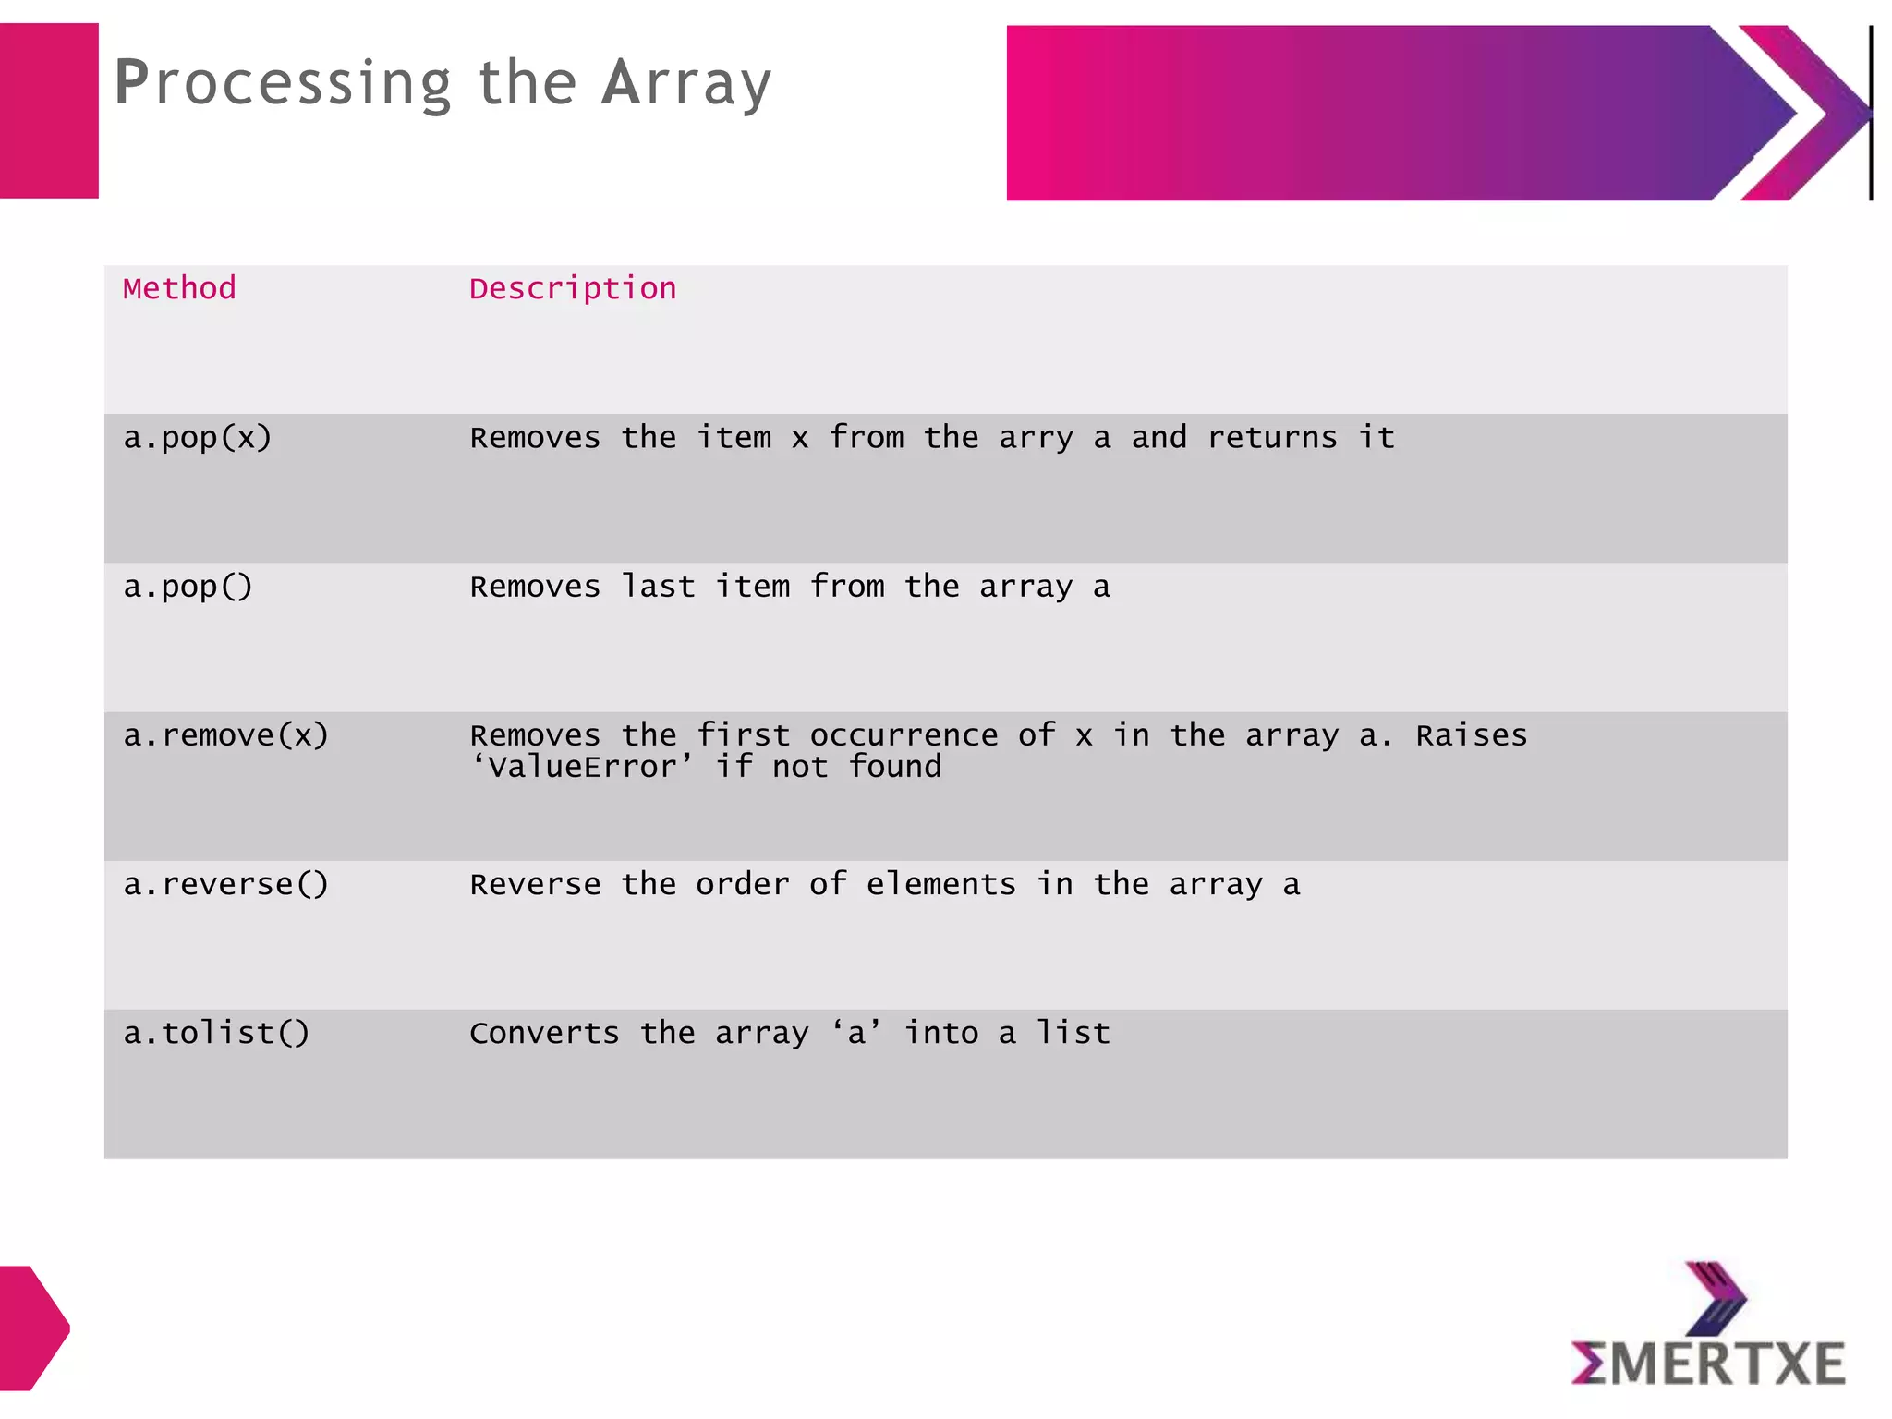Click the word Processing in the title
point(282,84)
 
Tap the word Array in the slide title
point(685,84)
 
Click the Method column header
point(179,288)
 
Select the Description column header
point(573,289)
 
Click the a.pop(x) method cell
point(198,438)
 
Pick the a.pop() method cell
point(188,587)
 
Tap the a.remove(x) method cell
point(226,735)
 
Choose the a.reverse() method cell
point(226,885)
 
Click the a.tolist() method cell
point(216,1033)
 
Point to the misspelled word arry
point(1036,439)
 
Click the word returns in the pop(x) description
point(1271,438)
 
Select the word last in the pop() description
point(658,587)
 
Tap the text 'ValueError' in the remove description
point(582,767)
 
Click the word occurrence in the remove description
point(904,735)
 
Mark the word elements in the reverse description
point(940,885)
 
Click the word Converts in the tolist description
point(544,1033)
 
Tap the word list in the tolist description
point(1073,1033)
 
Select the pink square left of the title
point(49,111)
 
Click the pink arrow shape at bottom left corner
point(32,1328)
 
